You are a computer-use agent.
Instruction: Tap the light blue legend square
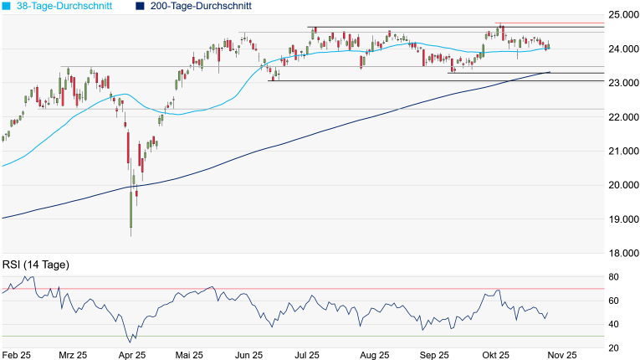pyautogui.click(x=7, y=6)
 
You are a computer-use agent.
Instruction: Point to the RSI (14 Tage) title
pyautogui.click(x=35, y=265)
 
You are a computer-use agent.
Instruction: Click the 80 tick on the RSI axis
pyautogui.click(x=613, y=277)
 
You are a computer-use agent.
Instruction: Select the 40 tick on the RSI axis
pyautogui.click(x=613, y=324)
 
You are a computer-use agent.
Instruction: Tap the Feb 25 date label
pyautogui.click(x=18, y=354)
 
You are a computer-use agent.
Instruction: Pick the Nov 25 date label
pyautogui.click(x=560, y=354)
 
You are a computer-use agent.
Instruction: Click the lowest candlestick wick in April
pyautogui.click(x=131, y=234)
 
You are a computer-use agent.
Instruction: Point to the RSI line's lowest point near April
pyautogui.click(x=130, y=342)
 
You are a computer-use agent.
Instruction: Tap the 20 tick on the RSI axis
pyautogui.click(x=613, y=347)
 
